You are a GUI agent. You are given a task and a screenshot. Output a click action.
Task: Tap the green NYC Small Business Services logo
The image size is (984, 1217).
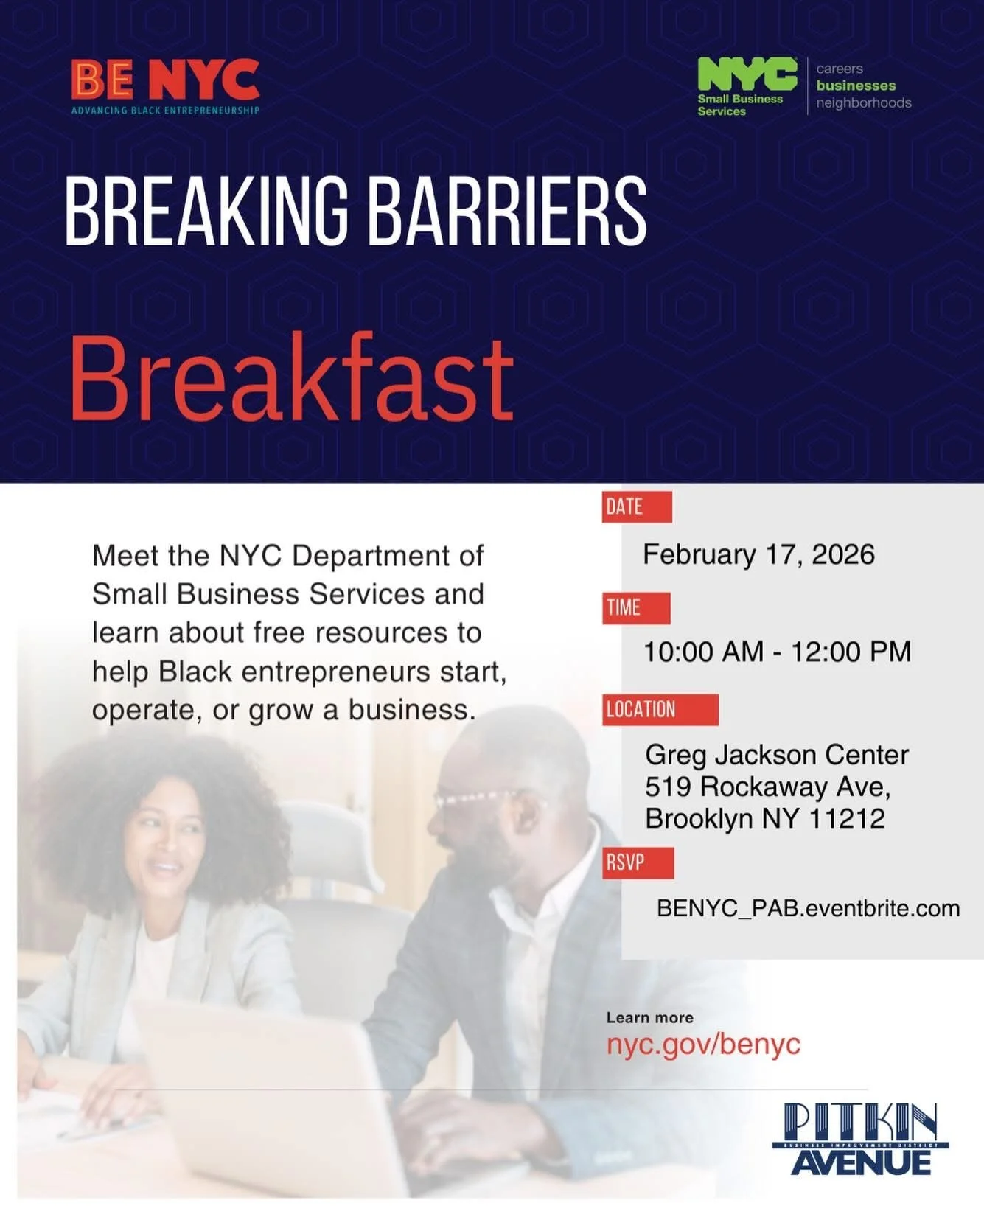(747, 86)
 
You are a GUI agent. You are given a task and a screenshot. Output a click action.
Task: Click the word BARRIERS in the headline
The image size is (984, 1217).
(506, 212)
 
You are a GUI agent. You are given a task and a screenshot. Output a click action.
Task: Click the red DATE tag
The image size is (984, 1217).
(637, 507)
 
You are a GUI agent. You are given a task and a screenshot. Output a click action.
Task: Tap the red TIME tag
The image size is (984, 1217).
(636, 608)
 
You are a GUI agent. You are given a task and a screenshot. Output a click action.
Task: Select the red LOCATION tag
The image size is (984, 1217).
(660, 710)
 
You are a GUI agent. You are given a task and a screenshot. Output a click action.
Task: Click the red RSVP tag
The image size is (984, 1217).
(638, 862)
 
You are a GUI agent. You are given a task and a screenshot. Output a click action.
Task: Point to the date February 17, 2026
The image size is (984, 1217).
(758, 554)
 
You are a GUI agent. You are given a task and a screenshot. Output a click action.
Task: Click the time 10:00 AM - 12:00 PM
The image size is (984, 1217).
(778, 652)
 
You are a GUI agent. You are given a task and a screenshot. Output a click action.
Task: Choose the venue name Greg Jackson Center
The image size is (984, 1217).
(777, 755)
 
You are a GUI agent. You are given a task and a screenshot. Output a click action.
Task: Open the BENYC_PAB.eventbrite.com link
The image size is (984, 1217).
(808, 908)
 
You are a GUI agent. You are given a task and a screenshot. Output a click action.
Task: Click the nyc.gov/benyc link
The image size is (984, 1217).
(703, 1045)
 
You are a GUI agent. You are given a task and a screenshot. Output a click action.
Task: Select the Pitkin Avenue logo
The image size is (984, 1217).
(860, 1139)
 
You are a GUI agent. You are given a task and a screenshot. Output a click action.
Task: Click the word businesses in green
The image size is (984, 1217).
(856, 86)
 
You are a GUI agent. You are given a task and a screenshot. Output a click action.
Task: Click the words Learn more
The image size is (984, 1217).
(649, 1018)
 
